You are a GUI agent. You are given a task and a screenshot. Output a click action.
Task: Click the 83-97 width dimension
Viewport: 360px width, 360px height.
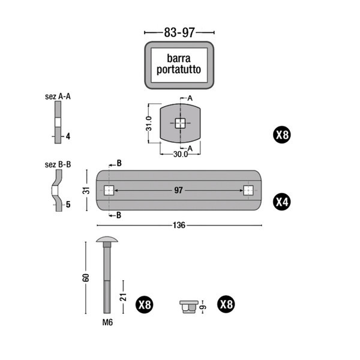(x=179, y=32)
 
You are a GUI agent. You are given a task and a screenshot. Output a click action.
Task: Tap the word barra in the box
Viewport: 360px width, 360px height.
(x=179, y=58)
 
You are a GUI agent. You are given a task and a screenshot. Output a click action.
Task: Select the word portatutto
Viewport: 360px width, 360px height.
(x=179, y=70)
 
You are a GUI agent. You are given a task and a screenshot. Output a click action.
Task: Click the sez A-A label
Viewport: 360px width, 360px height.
(x=58, y=97)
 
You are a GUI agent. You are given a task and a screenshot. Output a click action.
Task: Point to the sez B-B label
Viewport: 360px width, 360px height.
(x=58, y=164)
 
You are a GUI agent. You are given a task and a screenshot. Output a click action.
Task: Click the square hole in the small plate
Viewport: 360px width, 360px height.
(x=180, y=123)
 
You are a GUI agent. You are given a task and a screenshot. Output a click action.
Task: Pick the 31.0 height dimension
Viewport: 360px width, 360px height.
(x=149, y=124)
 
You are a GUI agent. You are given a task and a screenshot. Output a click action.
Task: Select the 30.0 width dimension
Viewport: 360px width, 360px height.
(x=181, y=154)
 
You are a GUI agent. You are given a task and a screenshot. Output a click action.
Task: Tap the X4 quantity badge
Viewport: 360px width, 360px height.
(x=282, y=202)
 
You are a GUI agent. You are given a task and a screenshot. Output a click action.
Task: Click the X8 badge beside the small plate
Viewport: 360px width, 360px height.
(x=282, y=135)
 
